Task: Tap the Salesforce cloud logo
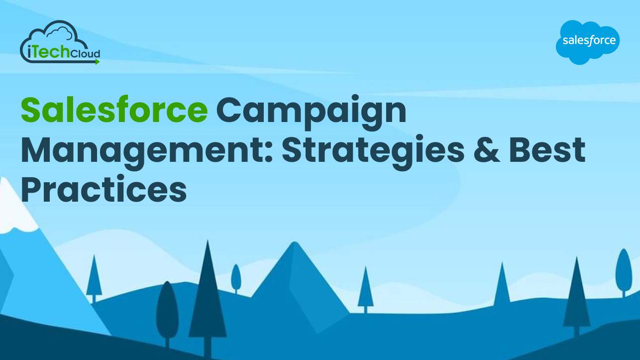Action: (x=587, y=42)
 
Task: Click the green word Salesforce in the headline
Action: (x=114, y=111)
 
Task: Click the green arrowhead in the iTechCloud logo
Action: (x=97, y=62)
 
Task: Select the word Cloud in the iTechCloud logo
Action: (x=85, y=53)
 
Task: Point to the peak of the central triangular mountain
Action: (x=295, y=245)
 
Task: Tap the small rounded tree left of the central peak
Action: (x=236, y=277)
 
